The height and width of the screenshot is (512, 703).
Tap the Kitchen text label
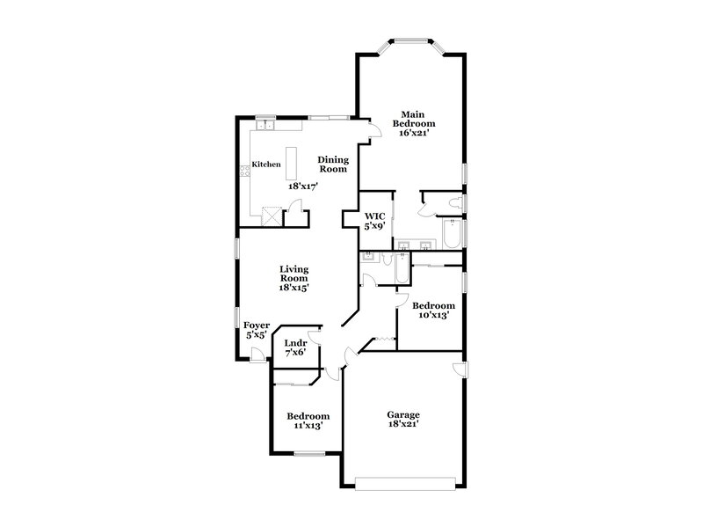coord(266,165)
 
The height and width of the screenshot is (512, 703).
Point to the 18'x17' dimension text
coord(302,186)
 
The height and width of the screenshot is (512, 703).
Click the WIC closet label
coord(375,221)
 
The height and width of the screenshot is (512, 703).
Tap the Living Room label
coord(294,278)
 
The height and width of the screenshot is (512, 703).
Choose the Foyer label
coord(257,330)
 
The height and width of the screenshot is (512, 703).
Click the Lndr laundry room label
coord(295,347)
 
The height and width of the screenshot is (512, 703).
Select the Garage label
coord(404,419)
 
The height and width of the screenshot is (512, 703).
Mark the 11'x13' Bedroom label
coord(308,421)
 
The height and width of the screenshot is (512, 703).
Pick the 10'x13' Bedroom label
coord(433,310)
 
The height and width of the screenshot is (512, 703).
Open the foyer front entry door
coord(257,355)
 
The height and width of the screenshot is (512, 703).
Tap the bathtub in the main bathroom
coord(451,235)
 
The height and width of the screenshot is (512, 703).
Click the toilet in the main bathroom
coord(454,204)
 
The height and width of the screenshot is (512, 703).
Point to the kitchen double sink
coord(265,127)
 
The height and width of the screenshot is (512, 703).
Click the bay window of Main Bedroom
coord(409,40)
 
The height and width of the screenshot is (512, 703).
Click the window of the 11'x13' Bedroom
coord(309,454)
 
